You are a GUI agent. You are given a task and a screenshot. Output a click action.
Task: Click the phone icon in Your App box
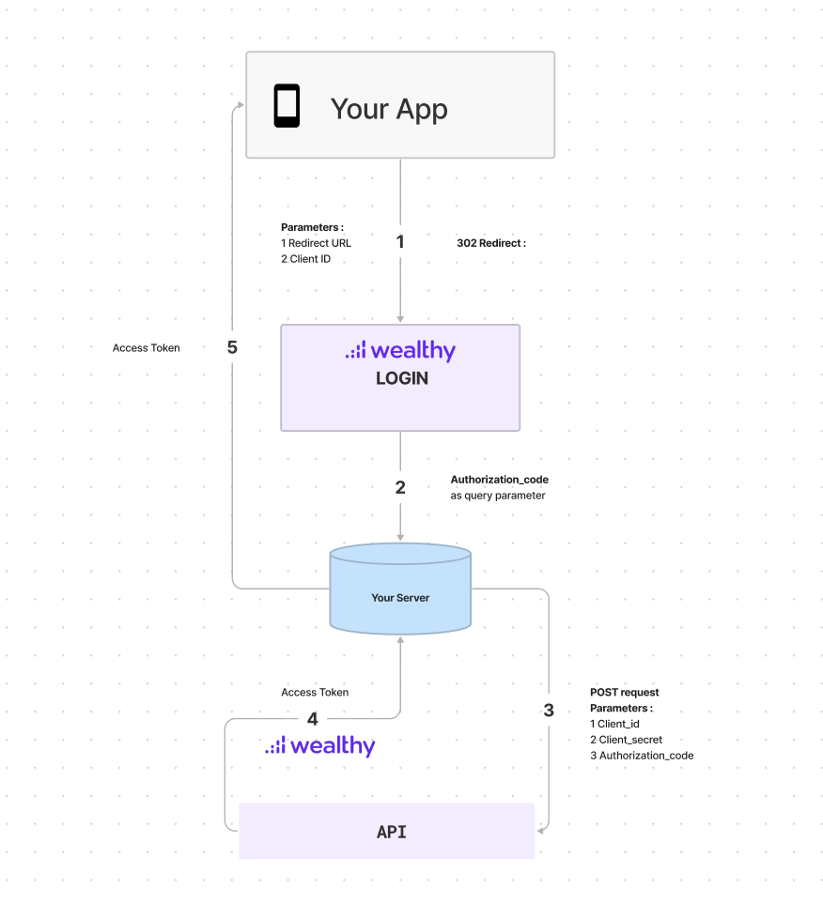pos(287,106)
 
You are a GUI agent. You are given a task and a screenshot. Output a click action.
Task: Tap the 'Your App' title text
pos(389,109)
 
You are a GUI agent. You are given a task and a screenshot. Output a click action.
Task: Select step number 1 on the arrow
pos(400,242)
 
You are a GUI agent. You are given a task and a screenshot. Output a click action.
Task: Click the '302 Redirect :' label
pos(490,243)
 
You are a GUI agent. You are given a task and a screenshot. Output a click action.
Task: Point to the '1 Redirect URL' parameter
pos(316,243)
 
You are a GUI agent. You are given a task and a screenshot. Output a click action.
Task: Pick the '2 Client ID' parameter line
pos(305,259)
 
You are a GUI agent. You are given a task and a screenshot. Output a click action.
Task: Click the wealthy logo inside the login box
pos(400,351)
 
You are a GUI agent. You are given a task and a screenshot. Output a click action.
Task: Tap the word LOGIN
pos(401,378)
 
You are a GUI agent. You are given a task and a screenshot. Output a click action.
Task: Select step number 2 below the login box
pos(400,488)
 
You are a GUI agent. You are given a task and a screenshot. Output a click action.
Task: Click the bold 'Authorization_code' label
pos(499,480)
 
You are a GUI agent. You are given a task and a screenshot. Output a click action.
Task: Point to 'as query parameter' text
pos(497,496)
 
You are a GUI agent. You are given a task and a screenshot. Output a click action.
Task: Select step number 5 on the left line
pos(232,347)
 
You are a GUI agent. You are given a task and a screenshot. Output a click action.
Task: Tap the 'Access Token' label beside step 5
pos(146,348)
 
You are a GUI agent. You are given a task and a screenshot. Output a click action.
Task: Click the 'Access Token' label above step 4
pos(315,693)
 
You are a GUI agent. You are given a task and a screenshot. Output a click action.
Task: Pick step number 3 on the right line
pos(549,711)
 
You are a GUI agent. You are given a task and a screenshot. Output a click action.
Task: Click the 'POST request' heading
pos(624,693)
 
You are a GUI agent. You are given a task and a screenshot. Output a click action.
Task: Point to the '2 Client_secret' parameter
pos(626,740)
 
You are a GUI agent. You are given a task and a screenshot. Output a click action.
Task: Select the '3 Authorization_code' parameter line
pos(642,756)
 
